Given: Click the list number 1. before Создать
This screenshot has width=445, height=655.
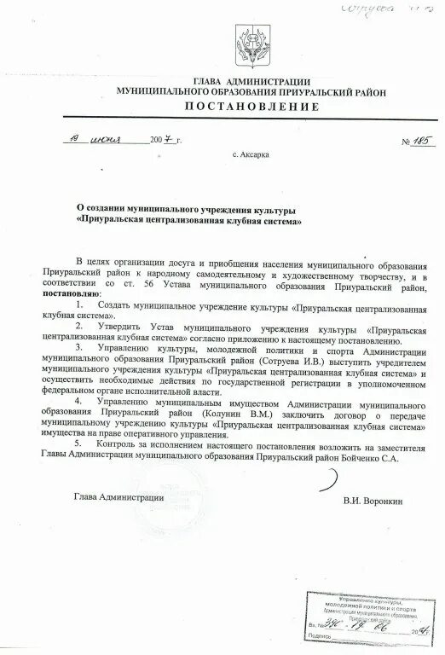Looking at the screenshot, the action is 80,303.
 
